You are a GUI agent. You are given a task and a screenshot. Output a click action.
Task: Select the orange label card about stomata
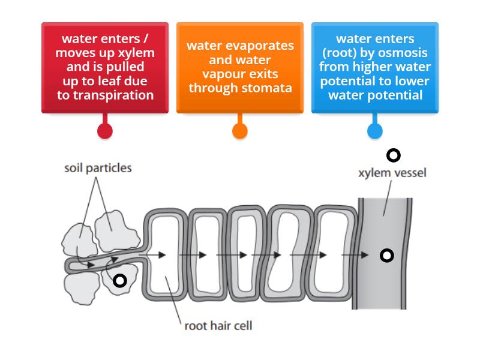(x=239, y=67)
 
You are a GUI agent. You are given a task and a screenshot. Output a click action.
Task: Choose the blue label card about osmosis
(x=374, y=67)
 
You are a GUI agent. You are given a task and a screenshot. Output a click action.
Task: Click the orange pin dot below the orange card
(x=239, y=131)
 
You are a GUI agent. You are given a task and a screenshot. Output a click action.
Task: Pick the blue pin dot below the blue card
(x=374, y=131)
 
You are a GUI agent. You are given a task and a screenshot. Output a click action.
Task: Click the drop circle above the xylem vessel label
(x=394, y=155)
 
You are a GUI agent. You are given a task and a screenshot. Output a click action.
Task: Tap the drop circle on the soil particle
(x=120, y=280)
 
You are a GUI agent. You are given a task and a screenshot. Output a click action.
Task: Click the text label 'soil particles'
(x=98, y=169)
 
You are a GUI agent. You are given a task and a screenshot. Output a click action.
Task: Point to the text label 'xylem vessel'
(x=392, y=173)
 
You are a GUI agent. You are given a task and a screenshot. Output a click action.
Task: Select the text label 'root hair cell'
(x=218, y=326)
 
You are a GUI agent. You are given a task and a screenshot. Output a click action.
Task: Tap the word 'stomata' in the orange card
(x=269, y=88)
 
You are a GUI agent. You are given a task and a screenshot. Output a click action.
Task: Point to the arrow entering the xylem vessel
(x=357, y=255)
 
